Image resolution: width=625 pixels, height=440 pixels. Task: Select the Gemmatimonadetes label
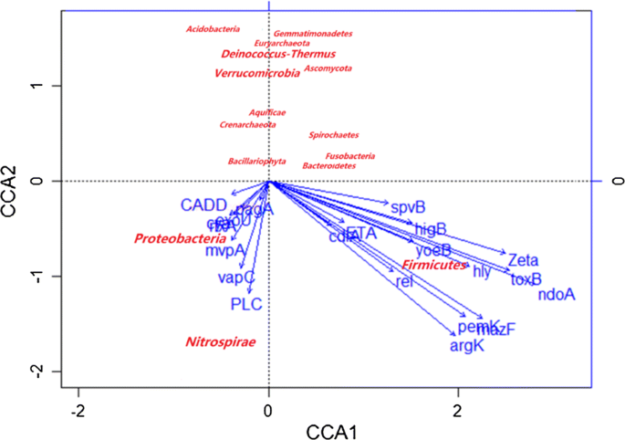313,34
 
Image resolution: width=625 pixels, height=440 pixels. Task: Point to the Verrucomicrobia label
256,73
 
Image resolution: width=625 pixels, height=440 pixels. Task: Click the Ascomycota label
328,68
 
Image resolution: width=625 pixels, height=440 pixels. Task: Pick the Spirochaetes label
333,135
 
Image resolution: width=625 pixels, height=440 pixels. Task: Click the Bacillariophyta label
256,162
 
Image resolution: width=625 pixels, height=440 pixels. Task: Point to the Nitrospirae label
220,342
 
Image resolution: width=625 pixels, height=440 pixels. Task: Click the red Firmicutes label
434,265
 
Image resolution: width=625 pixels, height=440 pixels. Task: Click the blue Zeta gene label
524,260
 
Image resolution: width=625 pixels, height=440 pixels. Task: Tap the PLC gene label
246,304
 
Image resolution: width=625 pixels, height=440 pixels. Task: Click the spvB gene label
408,207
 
